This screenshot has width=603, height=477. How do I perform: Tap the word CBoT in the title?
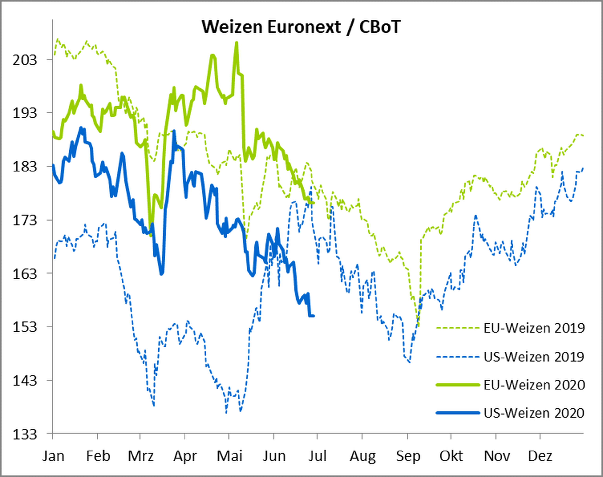pos(380,27)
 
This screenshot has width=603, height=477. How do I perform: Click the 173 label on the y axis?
pos(25,220)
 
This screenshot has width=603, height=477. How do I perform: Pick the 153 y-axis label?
pos(25,327)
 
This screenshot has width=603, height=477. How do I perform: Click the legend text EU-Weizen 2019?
pos(534,328)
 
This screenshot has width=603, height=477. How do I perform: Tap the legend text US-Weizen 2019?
pos(534,357)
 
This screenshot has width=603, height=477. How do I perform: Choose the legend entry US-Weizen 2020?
pos(534,413)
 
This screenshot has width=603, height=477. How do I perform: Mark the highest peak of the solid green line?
pos(236,43)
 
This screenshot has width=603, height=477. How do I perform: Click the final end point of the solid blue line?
pos(314,316)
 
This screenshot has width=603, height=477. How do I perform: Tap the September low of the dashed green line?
pos(418,326)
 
